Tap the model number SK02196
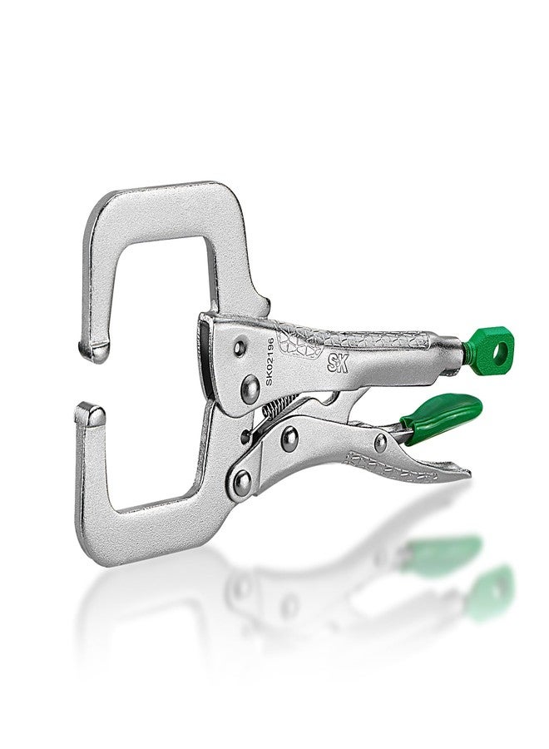point(270,362)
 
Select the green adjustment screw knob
point(488,347)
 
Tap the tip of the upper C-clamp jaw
point(93,351)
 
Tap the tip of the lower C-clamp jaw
point(90,414)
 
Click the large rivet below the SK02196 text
point(250,389)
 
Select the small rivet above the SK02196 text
point(240,347)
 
